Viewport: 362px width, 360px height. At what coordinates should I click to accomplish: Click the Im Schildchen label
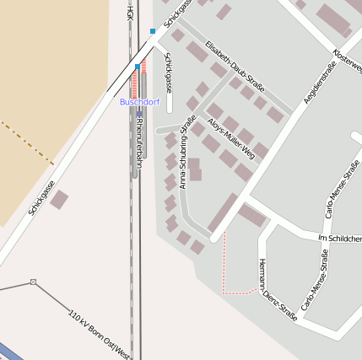point(339,238)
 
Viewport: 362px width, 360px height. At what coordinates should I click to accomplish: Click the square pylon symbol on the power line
point(33,282)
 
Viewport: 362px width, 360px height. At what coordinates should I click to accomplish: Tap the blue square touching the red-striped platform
point(138,66)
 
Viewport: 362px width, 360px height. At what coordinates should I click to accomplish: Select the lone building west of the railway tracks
point(59,200)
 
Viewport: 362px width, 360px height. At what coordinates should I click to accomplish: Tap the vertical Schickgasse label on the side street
point(169,73)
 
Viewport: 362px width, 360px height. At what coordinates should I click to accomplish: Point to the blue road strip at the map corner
point(10,351)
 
